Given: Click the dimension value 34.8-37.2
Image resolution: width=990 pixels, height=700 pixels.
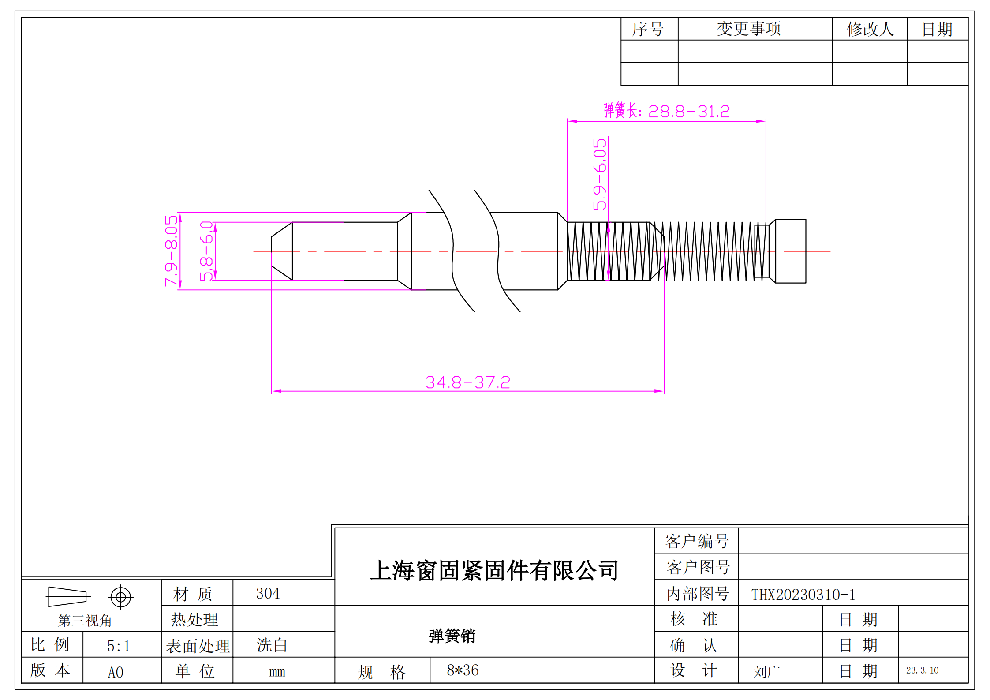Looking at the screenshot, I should (x=467, y=382).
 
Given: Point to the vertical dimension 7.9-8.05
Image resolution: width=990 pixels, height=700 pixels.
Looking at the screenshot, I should (x=171, y=251).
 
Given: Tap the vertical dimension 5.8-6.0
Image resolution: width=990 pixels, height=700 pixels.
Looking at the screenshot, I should (x=206, y=251).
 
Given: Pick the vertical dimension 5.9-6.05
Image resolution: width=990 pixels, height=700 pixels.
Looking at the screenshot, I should (x=600, y=174).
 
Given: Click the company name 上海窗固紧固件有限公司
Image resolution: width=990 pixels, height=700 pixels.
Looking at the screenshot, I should (x=494, y=570).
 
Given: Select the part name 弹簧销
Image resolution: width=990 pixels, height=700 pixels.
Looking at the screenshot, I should (x=452, y=636).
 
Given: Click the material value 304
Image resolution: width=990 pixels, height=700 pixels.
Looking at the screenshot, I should (x=268, y=593).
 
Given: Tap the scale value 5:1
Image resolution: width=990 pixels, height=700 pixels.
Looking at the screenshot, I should (x=118, y=646).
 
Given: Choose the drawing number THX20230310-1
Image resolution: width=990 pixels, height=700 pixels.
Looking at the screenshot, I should (x=803, y=595).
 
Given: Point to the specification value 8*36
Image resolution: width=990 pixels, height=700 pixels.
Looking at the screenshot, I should (x=463, y=670).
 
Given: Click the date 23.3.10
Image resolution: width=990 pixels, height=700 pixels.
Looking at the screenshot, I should (x=922, y=670).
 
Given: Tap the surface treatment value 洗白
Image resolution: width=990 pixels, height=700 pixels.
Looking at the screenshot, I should (x=272, y=645).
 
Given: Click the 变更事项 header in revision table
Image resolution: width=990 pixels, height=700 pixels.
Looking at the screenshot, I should (x=748, y=29).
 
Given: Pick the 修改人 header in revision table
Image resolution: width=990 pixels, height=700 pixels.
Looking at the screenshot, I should (x=870, y=29).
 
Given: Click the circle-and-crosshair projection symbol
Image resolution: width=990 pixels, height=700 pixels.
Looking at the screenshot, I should (x=120, y=597).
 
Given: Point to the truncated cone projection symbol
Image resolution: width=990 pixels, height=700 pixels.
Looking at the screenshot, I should (x=67, y=597).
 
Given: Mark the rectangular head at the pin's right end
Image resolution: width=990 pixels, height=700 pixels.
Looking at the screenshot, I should (x=790, y=251).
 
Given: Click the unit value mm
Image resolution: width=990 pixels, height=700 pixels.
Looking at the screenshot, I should (x=277, y=672).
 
